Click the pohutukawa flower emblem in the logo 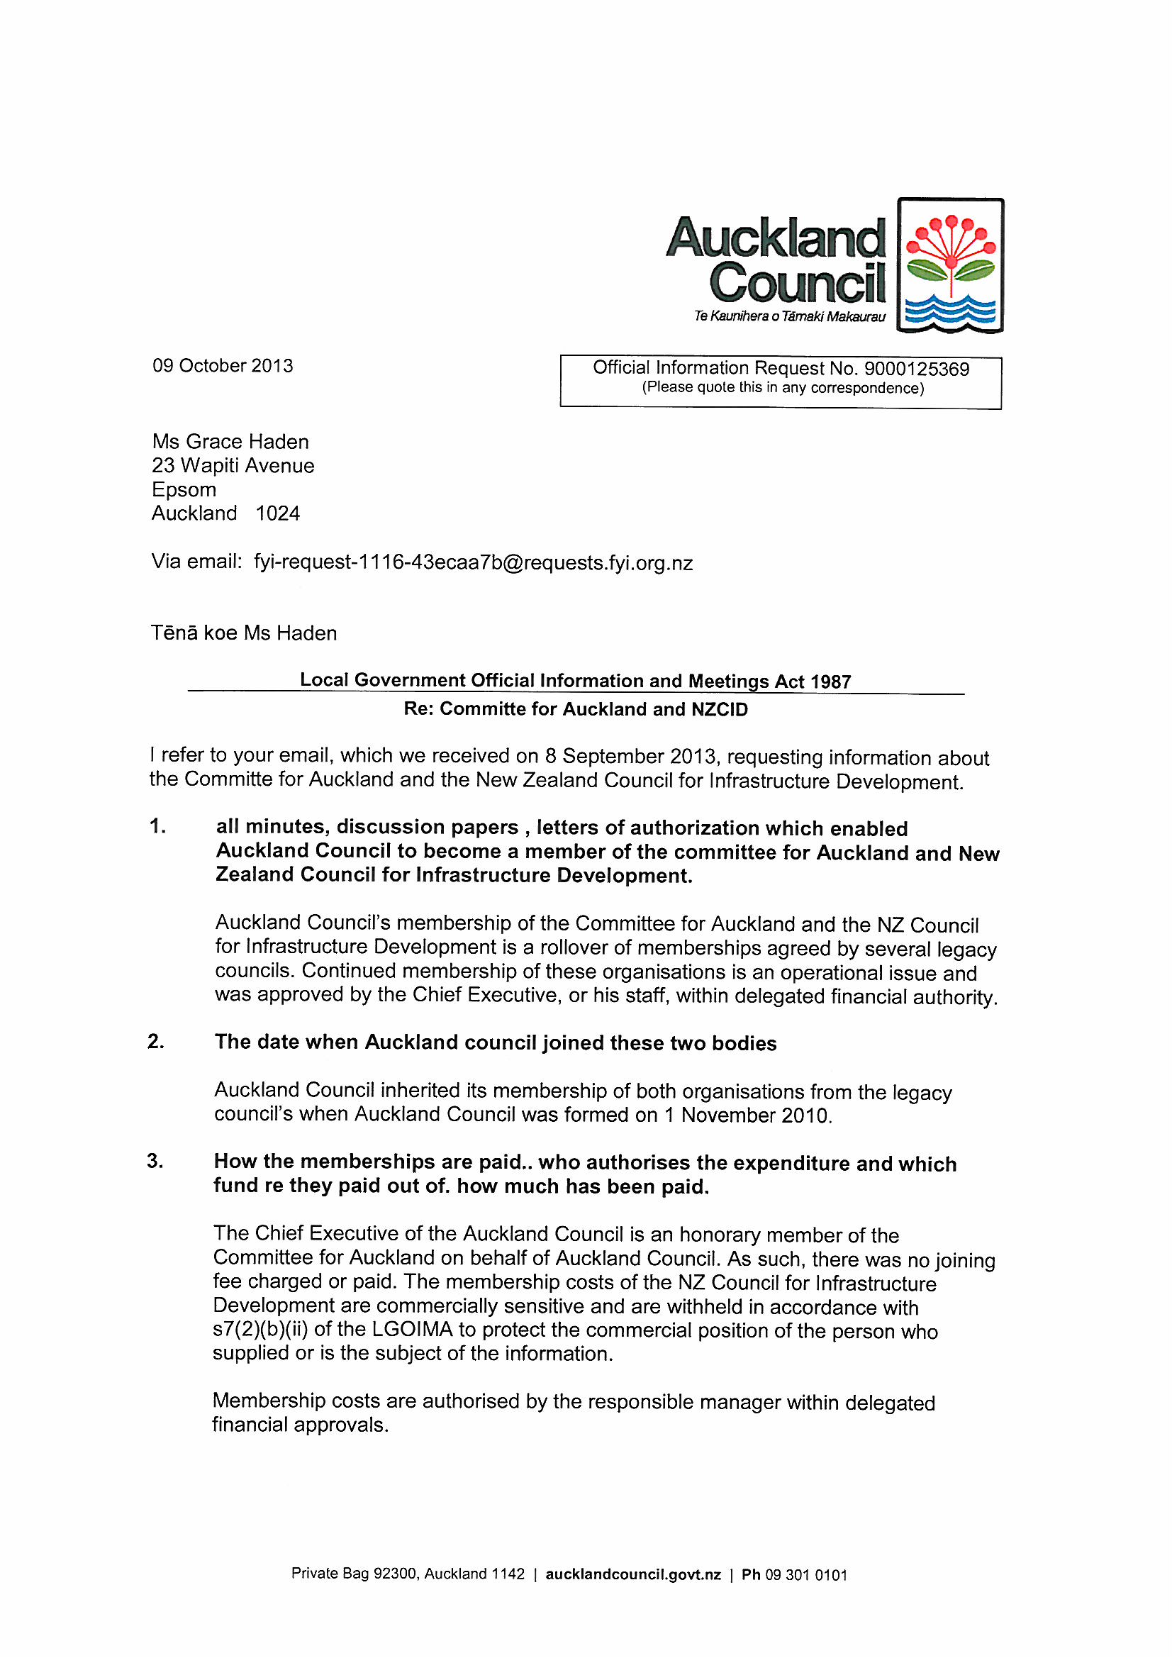tap(950, 265)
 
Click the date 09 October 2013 tap(223, 365)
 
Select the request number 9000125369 tap(916, 369)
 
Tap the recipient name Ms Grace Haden tap(230, 441)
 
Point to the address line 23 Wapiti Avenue tap(233, 466)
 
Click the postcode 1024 tap(277, 513)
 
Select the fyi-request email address tap(473, 562)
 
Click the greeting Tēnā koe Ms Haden tap(243, 633)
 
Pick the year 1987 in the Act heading tap(830, 681)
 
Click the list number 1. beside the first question tap(157, 827)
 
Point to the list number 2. tap(155, 1041)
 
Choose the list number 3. tap(155, 1161)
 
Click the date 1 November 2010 tap(747, 1115)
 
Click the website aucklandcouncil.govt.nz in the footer tap(633, 1575)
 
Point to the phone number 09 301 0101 tap(806, 1575)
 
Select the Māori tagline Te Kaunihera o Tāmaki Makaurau tap(789, 316)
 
